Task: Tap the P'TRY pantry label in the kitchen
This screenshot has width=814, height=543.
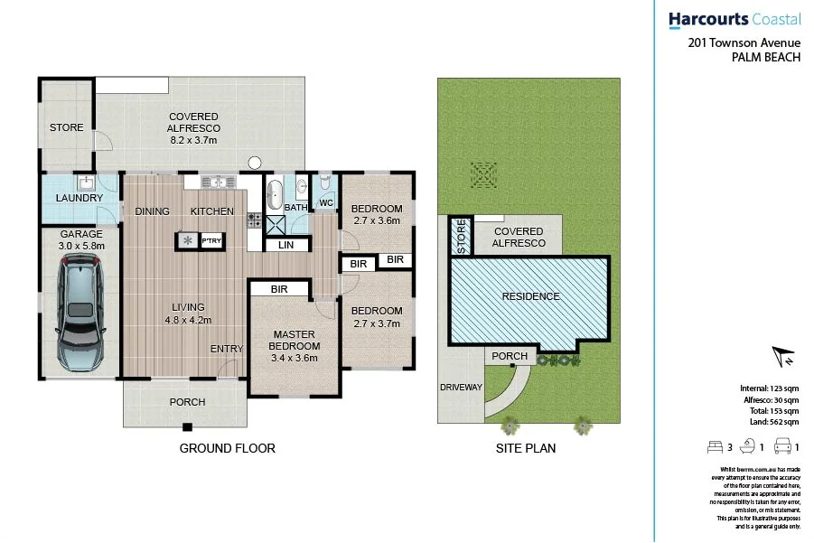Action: tap(211, 240)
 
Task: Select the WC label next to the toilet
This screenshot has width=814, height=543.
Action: tap(325, 203)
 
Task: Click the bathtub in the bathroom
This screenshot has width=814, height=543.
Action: tap(275, 193)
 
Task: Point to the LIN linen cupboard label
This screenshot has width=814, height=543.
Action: tap(285, 244)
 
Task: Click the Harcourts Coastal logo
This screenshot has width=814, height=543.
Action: tap(734, 19)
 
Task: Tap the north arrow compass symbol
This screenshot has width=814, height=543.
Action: tap(781, 356)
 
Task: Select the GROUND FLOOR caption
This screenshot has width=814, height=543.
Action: tap(227, 448)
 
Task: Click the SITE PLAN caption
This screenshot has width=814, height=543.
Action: tap(525, 448)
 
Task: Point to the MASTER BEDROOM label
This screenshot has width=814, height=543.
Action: tap(295, 341)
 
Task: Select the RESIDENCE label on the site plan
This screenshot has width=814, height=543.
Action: tap(530, 296)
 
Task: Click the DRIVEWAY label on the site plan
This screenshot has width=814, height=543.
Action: tap(461, 388)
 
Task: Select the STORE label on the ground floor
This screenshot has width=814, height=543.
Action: tap(66, 127)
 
